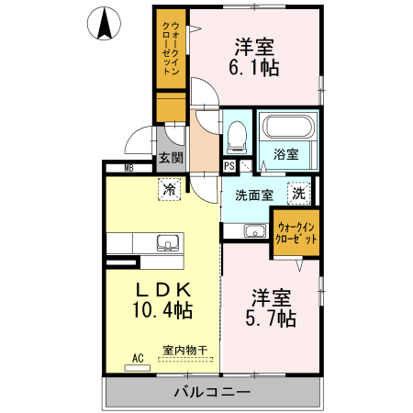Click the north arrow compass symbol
tap(104, 24)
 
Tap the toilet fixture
tap(237, 138)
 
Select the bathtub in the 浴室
tap(288, 127)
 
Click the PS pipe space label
tap(229, 166)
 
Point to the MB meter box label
tap(129, 168)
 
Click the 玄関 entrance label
tap(171, 158)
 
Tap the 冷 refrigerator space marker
tap(169, 189)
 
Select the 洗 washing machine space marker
tap(299, 194)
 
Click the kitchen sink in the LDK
tap(168, 243)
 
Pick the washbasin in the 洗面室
tap(255, 230)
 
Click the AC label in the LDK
tap(138, 358)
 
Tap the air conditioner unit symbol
tap(138, 368)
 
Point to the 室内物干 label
tap(185, 351)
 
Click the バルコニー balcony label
tap(212, 392)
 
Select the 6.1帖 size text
tap(254, 68)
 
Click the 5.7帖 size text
tap(271, 318)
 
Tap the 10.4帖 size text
tap(162, 310)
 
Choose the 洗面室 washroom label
tap(254, 195)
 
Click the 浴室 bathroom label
tap(286, 154)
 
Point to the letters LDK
tap(163, 290)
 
